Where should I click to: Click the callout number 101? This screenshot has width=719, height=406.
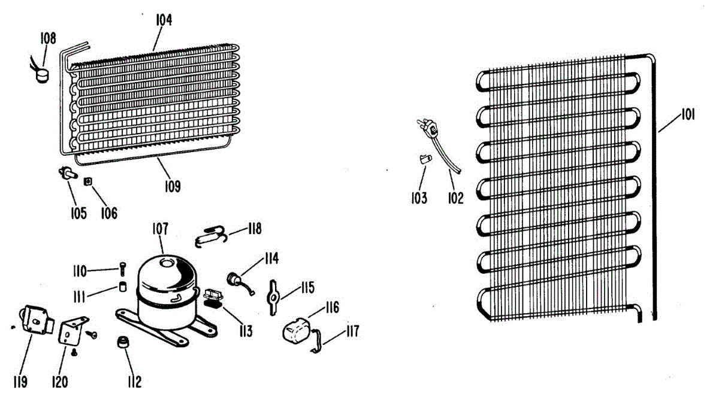(688, 115)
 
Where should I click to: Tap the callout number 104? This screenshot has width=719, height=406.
(164, 20)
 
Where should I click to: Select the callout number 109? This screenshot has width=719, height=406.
(173, 187)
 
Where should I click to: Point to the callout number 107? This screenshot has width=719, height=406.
(160, 228)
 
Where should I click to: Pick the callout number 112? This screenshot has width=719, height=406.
(134, 381)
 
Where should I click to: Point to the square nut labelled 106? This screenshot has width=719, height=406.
(88, 181)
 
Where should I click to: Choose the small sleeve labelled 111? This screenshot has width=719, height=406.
(123, 286)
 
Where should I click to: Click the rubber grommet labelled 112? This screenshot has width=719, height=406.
(125, 343)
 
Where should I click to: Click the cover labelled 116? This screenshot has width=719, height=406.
(296, 331)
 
